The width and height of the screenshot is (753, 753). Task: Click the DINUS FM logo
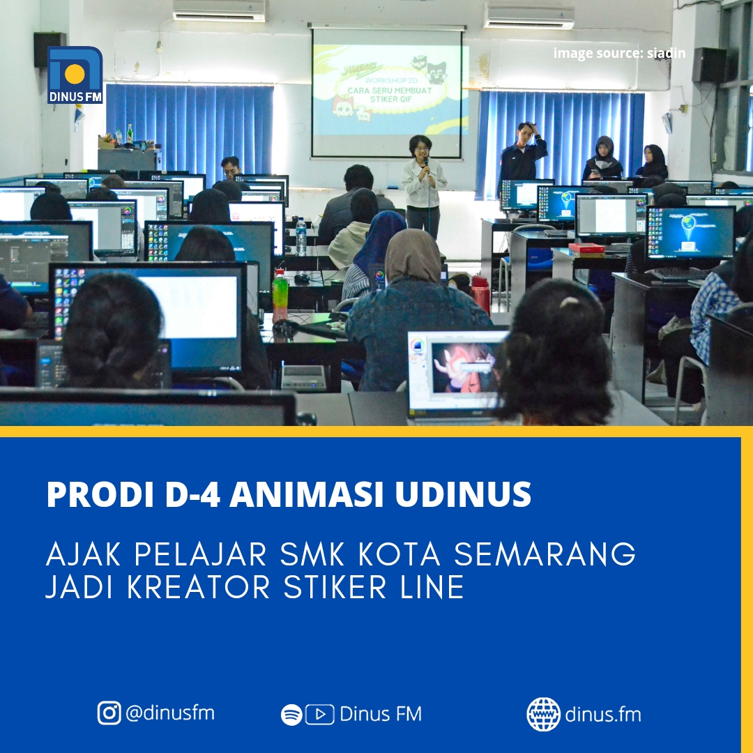point(75,75)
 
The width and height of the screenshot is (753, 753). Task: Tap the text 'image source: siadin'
point(620,53)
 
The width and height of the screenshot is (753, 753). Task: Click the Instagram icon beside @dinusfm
point(109,713)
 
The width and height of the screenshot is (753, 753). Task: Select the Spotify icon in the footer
point(291,715)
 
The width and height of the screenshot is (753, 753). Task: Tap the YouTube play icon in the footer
point(320,715)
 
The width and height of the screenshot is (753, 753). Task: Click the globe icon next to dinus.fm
point(543,715)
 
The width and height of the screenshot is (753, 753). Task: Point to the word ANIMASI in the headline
point(307,494)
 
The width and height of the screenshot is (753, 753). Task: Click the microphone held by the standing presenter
point(426,164)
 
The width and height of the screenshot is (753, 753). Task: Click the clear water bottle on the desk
point(301,236)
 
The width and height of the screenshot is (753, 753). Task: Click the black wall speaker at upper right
point(709,65)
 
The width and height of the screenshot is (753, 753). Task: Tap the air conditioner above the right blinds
point(528,16)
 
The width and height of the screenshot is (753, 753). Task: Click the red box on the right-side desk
point(586,249)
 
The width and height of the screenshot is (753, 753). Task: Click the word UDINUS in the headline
point(464,494)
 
